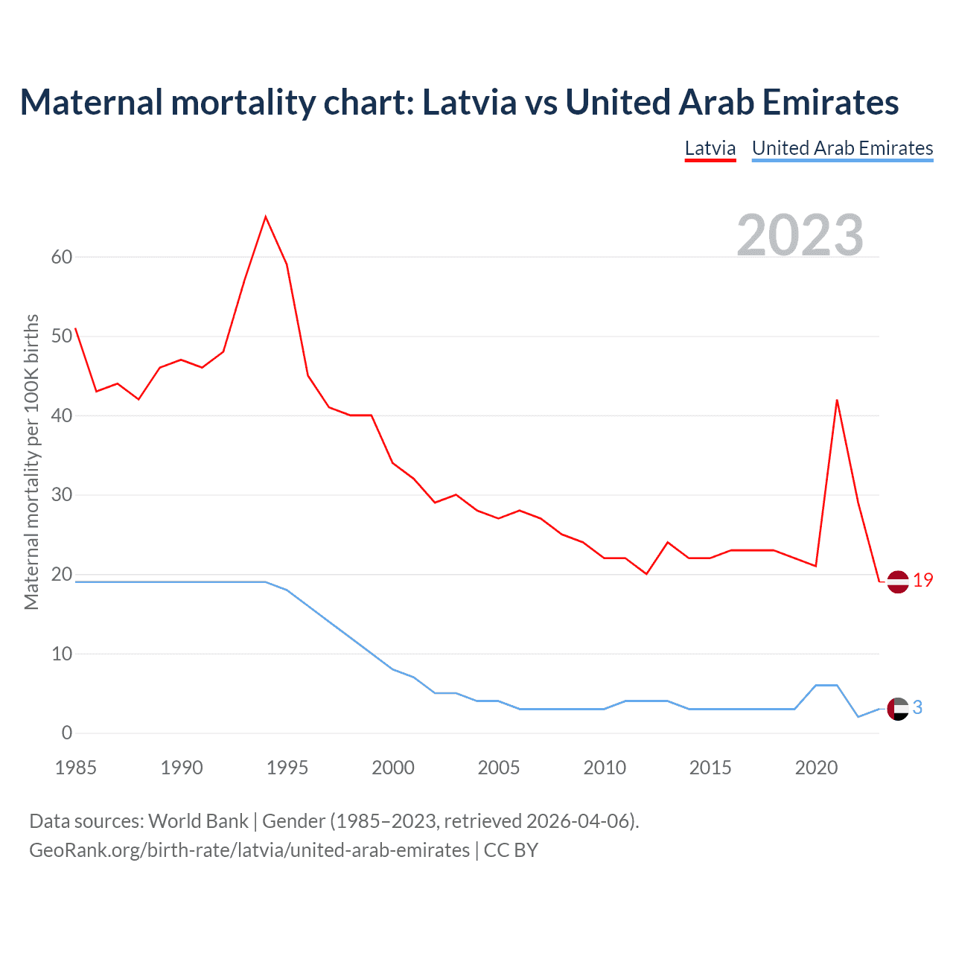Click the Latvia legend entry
coord(710,148)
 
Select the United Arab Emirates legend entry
coord(842,148)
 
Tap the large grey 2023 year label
coord(800,235)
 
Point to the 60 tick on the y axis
coord(62,257)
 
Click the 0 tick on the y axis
coord(67,733)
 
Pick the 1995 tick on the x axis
coord(287,768)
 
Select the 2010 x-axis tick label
coord(605,768)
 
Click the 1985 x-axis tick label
coord(76,768)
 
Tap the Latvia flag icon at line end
coord(898,581)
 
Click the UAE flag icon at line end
coord(898,709)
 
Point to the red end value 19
coord(923,581)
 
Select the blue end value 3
coord(917,708)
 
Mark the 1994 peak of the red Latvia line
coord(266,217)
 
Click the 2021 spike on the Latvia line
coord(837,401)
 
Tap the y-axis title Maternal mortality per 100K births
coord(31,462)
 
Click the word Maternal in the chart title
coord(92,102)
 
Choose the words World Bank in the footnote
coord(198,821)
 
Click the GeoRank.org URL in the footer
coord(249,850)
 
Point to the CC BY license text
coord(511,850)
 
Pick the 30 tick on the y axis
coord(62,495)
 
